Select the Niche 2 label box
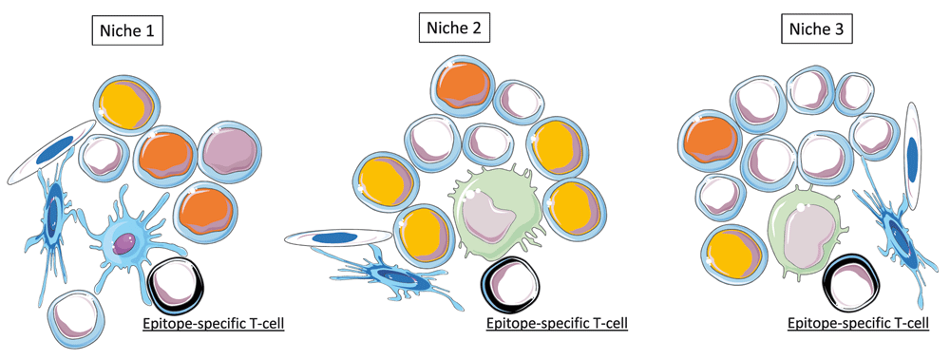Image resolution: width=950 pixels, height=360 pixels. pos(454,28)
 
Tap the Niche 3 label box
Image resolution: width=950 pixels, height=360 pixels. pos(816,30)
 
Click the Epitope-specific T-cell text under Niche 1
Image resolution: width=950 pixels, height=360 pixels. pos(212,323)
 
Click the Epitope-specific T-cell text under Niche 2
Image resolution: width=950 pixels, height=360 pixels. pos(556,323)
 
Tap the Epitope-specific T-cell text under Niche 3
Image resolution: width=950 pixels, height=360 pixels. pos(858,323)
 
